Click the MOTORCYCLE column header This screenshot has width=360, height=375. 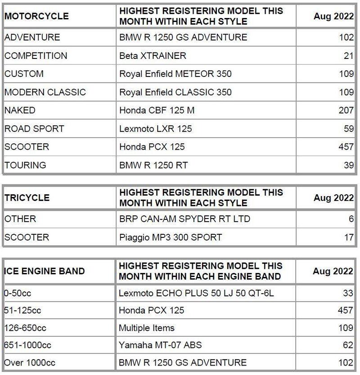36,16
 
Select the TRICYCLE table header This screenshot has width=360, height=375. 27,198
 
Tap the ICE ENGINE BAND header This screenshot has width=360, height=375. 45,271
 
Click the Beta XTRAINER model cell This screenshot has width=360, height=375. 153,56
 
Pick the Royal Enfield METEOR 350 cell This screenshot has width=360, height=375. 175,74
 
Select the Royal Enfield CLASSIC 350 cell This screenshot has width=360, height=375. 175,92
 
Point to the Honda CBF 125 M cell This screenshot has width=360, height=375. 157,110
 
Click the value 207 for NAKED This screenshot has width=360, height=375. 346,110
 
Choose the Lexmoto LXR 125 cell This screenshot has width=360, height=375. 155,129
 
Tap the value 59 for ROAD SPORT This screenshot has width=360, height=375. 348,129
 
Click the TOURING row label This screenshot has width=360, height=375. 25,165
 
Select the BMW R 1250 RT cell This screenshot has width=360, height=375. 153,165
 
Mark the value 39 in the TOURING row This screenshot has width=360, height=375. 348,165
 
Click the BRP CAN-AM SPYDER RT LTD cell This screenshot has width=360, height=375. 184,219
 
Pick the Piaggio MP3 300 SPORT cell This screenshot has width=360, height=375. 171,237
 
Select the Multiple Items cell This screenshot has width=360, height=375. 147,328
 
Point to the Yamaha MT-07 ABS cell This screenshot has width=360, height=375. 160,345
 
